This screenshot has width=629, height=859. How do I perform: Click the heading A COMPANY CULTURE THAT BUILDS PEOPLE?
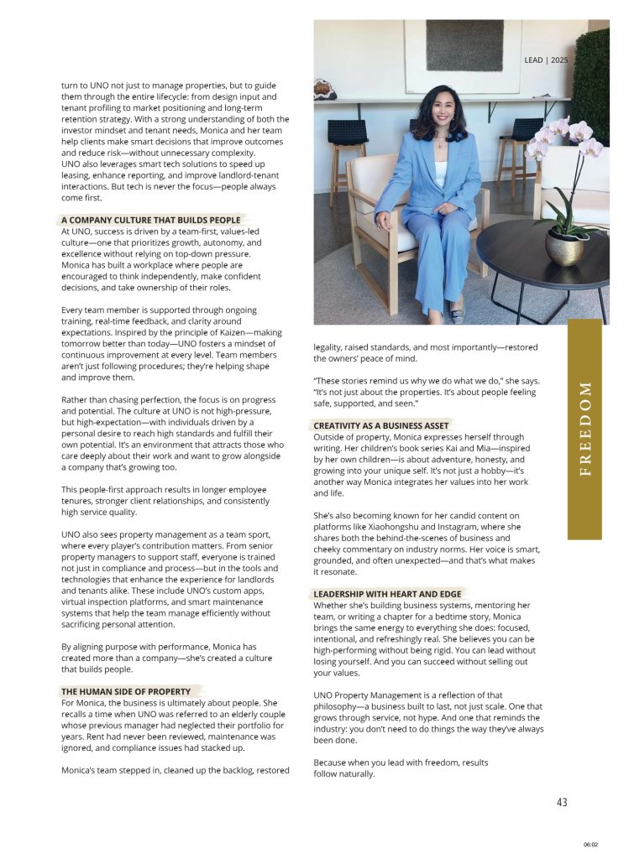point(150,220)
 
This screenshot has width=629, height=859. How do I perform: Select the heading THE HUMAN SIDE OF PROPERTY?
point(126,691)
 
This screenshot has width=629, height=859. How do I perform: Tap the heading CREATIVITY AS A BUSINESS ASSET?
point(381,425)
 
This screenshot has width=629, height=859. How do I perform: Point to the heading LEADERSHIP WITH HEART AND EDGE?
point(387,594)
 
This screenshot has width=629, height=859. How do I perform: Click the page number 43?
point(562,802)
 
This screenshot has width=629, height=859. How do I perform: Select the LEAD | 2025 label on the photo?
point(546,60)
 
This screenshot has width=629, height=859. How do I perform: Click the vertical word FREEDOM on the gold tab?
point(585,428)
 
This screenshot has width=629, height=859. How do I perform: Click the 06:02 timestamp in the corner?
point(591,845)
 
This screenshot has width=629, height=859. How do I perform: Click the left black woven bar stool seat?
point(347,133)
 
